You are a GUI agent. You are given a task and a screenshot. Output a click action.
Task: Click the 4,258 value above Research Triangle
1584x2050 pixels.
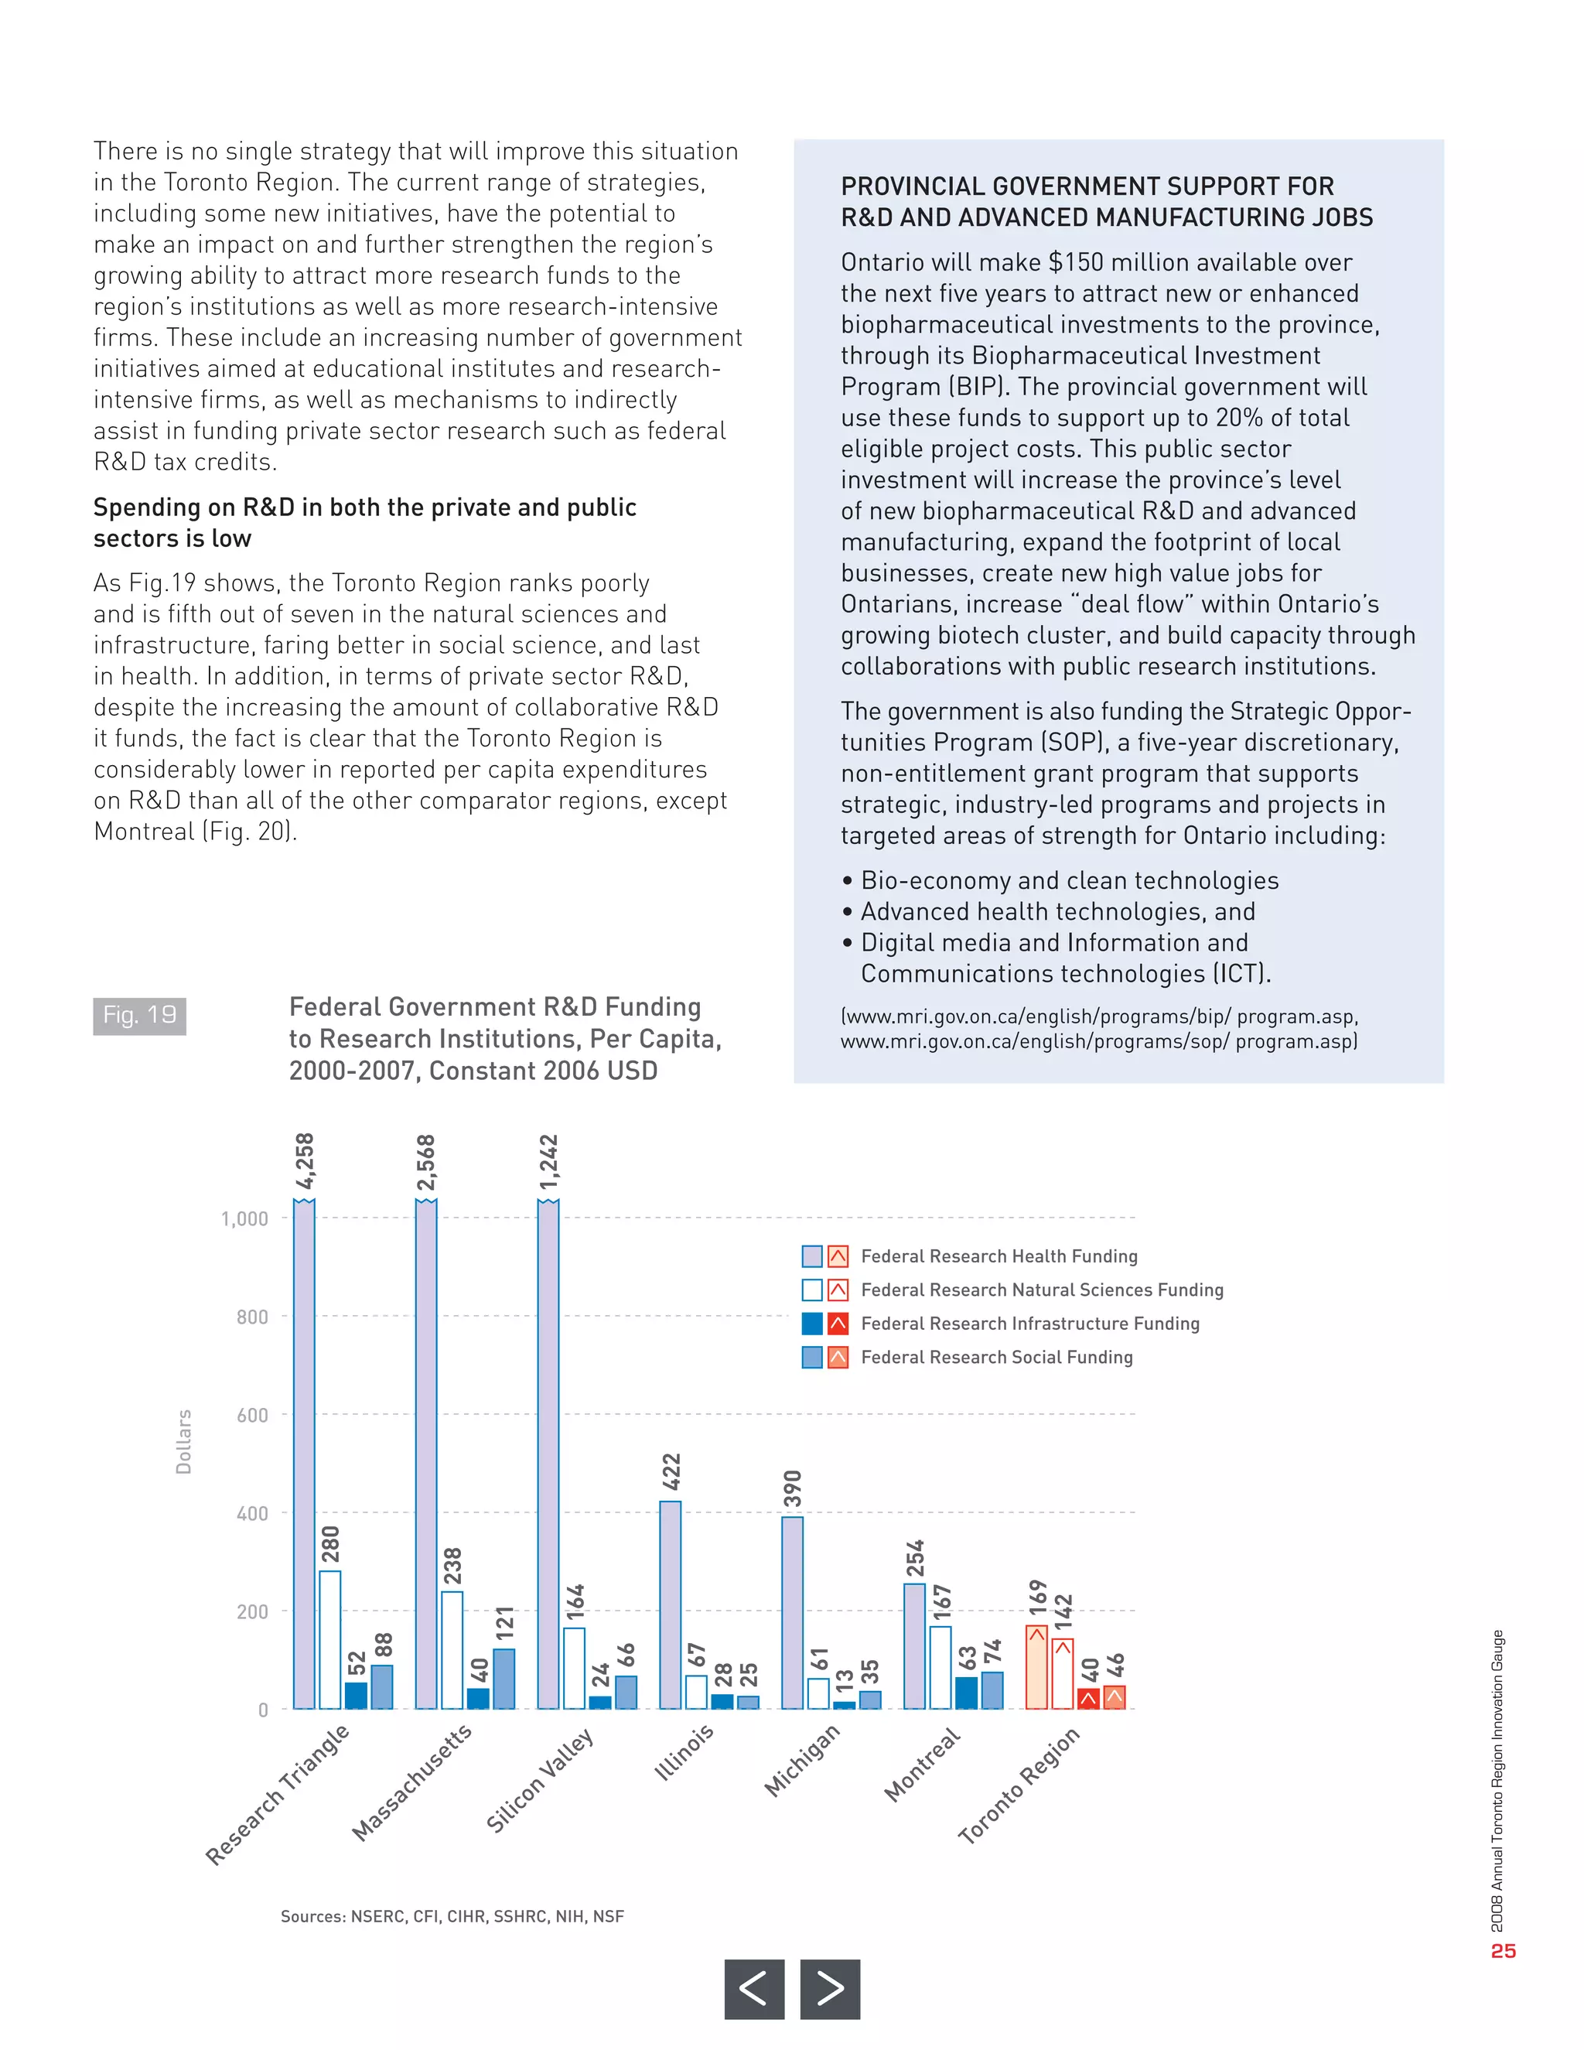pos(305,1160)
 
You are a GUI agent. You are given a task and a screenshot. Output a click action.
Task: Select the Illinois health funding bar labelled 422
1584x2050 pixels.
pos(670,1605)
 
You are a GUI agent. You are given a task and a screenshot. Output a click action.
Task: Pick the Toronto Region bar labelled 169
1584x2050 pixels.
pos(1036,1667)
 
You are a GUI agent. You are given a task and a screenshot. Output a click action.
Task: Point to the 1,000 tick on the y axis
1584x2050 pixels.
pos(244,1219)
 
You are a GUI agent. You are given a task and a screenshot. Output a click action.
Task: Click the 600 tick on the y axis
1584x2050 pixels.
pos(251,1416)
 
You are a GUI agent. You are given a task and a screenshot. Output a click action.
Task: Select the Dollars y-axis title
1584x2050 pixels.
pos(184,1441)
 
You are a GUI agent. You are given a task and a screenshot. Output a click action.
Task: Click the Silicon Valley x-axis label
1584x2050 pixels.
pos(541,1780)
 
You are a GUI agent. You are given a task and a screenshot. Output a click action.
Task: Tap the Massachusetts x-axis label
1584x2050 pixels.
pos(412,1782)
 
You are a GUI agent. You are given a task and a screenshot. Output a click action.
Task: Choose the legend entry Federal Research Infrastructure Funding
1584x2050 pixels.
pos(1029,1324)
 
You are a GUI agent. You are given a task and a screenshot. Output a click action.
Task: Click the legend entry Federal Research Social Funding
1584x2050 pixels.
pos(995,1358)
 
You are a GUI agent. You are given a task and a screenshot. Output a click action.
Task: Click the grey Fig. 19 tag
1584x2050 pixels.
pos(139,1016)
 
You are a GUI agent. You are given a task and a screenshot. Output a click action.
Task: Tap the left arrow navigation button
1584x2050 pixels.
pos(753,1988)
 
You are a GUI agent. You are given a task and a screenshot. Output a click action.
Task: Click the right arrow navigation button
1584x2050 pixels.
pos(830,1988)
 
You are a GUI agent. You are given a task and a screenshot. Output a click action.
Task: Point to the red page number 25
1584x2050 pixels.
pos(1504,1950)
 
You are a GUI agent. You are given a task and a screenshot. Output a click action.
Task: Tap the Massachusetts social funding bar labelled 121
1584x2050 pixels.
pos(504,1679)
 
